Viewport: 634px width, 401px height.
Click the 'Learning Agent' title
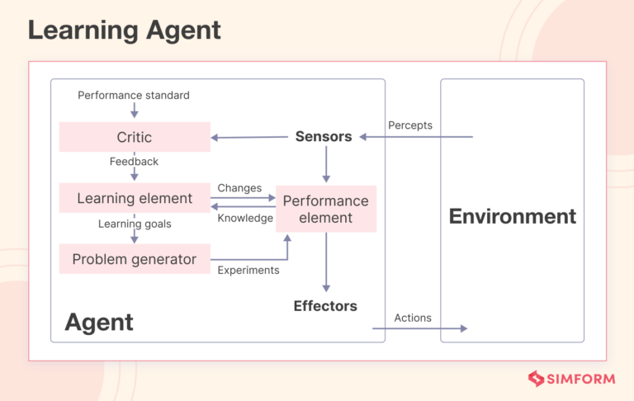point(125,31)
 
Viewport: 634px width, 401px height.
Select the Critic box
point(135,137)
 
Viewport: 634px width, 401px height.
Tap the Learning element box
point(135,198)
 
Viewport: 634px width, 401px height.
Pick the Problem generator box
point(135,259)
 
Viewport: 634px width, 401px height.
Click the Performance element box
point(325,209)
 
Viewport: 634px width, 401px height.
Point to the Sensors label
point(324,137)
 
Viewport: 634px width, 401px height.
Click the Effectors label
point(325,306)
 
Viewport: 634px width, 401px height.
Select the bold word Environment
point(512,217)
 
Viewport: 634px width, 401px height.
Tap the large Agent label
point(99,322)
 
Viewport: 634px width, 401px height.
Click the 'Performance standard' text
point(134,95)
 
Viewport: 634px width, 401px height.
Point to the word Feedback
point(134,162)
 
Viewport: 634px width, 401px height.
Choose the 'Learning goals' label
point(134,224)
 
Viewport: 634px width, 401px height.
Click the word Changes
point(239,188)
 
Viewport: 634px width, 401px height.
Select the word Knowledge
point(244,218)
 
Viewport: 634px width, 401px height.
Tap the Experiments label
point(248,270)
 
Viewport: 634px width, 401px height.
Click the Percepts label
point(410,125)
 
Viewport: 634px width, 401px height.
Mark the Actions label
point(413,318)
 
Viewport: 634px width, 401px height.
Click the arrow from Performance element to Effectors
point(326,262)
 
